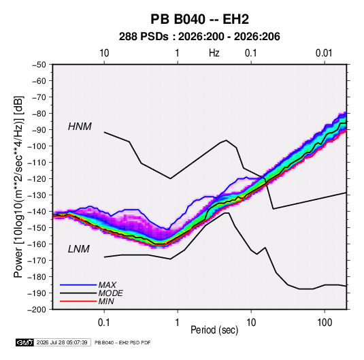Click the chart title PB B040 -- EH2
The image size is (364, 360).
(x=199, y=19)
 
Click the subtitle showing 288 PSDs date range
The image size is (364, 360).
(x=199, y=37)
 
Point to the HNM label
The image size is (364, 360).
(x=80, y=127)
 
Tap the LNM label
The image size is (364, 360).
(x=79, y=249)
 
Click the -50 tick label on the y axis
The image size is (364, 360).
(x=39, y=65)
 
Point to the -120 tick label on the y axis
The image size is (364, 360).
(x=37, y=179)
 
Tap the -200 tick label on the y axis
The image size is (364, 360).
(x=37, y=310)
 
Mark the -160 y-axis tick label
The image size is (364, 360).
(x=37, y=244)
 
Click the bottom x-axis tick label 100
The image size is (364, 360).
(x=325, y=323)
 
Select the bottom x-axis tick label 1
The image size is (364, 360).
(x=178, y=323)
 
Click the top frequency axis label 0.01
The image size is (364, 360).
(x=324, y=53)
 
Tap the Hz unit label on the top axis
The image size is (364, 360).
(x=214, y=53)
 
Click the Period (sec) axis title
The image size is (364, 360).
(x=214, y=330)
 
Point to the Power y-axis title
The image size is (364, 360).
(x=18, y=187)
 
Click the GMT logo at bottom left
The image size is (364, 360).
(x=25, y=342)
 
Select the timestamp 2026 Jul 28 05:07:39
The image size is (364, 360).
(x=62, y=342)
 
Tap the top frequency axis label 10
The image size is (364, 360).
(x=104, y=53)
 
